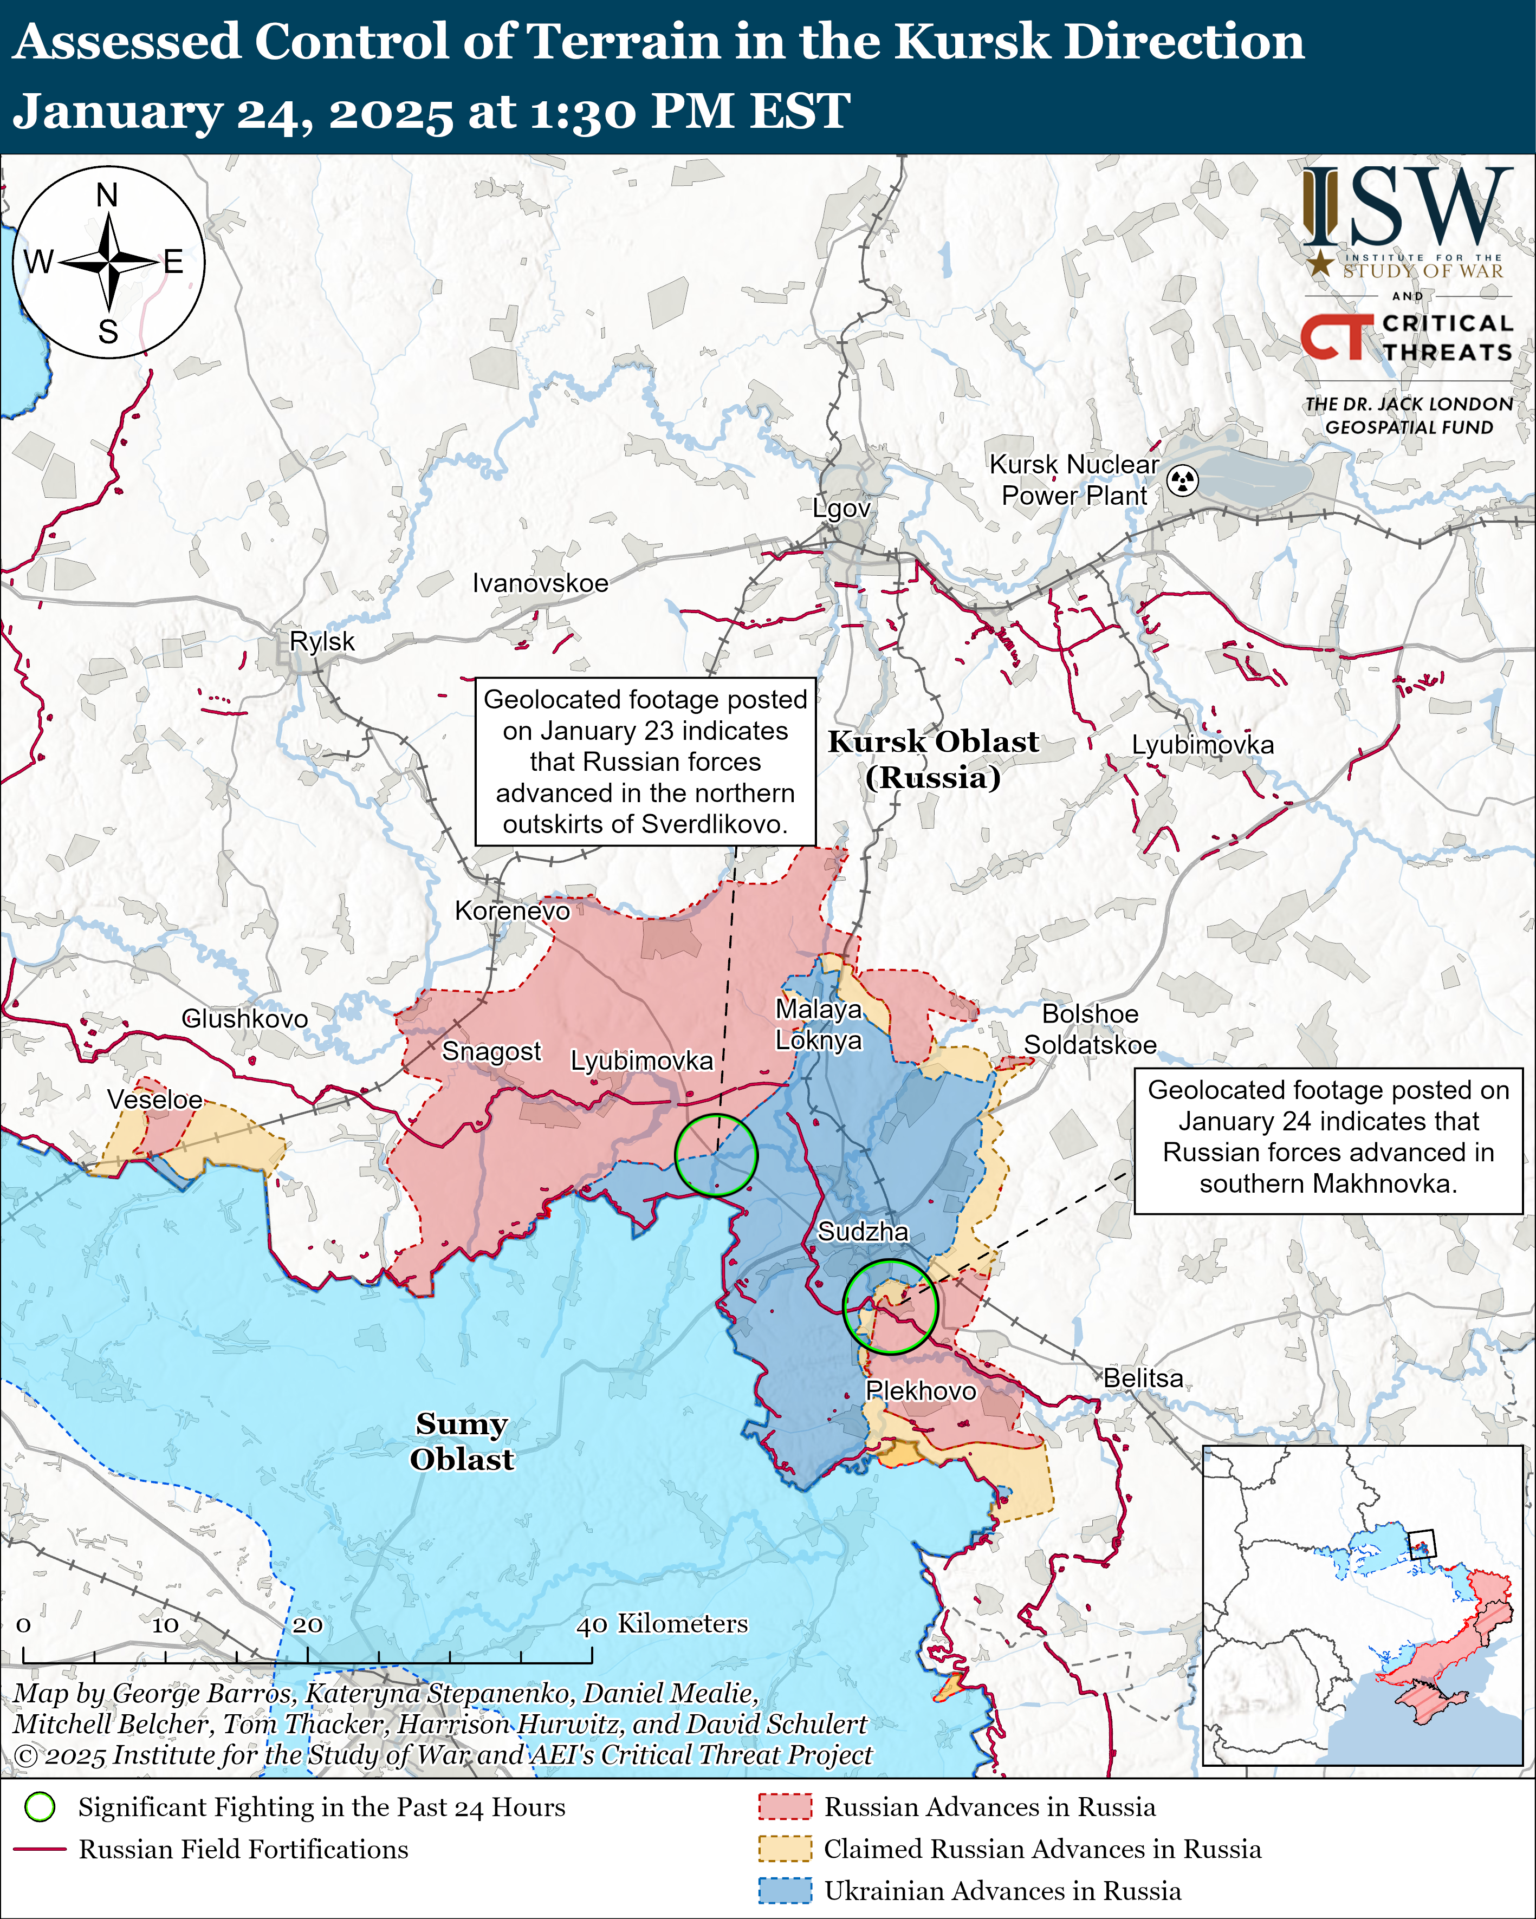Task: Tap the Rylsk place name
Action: (322, 641)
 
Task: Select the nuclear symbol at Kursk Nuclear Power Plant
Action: (1183, 480)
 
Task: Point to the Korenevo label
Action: (512, 910)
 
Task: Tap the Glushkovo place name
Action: (245, 1018)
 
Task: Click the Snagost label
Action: (491, 1051)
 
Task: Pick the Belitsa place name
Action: (1143, 1378)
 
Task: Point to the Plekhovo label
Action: (921, 1390)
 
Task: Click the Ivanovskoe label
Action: (541, 583)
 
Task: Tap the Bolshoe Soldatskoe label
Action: (1090, 1029)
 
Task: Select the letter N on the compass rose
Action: (107, 195)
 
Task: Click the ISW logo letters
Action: (1407, 209)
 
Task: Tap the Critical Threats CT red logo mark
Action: (1336, 336)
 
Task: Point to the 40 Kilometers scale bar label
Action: (662, 1623)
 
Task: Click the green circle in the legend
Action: (40, 1807)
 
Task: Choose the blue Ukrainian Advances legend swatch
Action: (785, 1890)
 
